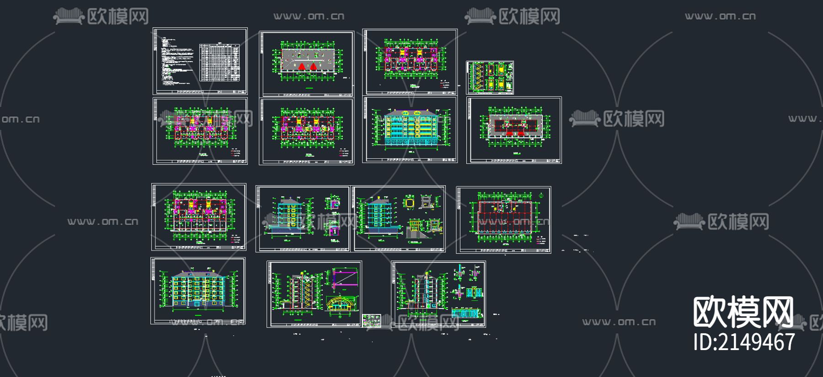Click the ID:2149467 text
tap(744, 342)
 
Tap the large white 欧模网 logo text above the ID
tap(743, 312)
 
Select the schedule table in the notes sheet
tap(220, 63)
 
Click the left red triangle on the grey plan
tap(302, 67)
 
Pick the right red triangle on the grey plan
tap(314, 67)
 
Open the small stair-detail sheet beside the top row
tap(490, 78)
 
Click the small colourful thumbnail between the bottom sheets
tap(371, 320)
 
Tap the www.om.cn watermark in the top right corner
tap(720, 16)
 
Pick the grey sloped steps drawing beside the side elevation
tap(418, 233)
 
